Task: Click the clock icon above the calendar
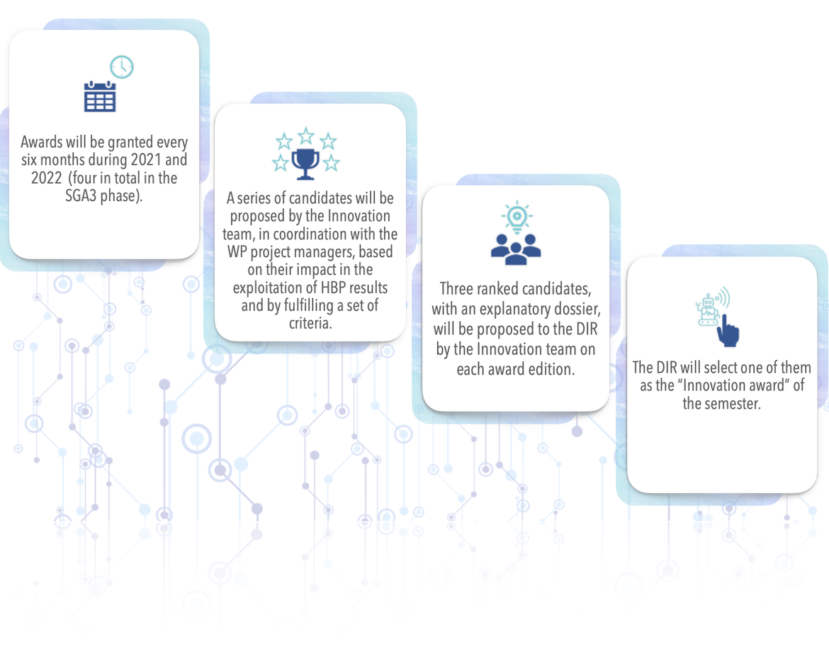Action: coord(122,67)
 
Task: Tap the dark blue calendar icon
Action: coord(100,97)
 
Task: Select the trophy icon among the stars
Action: coord(305,164)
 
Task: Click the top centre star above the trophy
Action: coord(306,136)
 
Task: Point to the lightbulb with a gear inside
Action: coord(517,217)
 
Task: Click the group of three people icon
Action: coord(516,249)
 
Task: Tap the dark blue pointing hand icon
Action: coord(728,331)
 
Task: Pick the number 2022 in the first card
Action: coord(47,178)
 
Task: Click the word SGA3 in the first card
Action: coord(81,196)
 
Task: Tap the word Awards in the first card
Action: coord(42,142)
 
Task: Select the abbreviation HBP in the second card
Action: coord(333,288)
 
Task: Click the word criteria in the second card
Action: coord(310,323)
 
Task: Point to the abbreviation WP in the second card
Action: coord(237,251)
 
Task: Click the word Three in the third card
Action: coord(457,288)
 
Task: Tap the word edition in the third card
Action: coord(551,369)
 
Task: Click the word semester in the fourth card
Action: coord(734,404)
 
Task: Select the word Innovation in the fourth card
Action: coord(716,385)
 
